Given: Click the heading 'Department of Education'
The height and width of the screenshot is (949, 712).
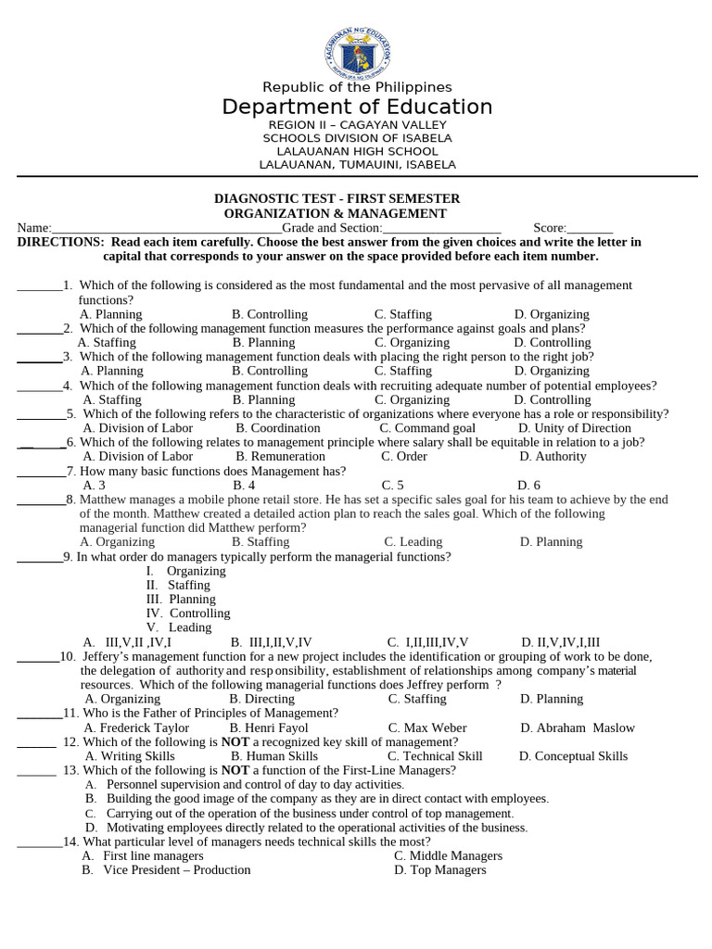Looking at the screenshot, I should pos(357,108).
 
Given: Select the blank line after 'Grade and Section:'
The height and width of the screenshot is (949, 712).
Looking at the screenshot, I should pos(441,228).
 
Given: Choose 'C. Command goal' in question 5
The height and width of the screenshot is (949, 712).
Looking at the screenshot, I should pos(427,428).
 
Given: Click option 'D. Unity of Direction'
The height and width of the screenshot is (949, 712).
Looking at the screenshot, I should pos(575,428).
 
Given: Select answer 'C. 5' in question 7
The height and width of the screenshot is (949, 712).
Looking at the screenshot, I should pos(392,485).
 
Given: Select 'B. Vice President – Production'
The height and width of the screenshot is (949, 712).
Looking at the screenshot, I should pos(166,870).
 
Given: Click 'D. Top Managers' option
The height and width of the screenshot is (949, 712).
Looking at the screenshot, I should pos(439,870).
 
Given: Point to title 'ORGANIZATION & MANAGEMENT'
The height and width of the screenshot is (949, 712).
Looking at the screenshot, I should pos(337,213).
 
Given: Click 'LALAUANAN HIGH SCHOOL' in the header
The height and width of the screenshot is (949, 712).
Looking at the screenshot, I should pos(357,151).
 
